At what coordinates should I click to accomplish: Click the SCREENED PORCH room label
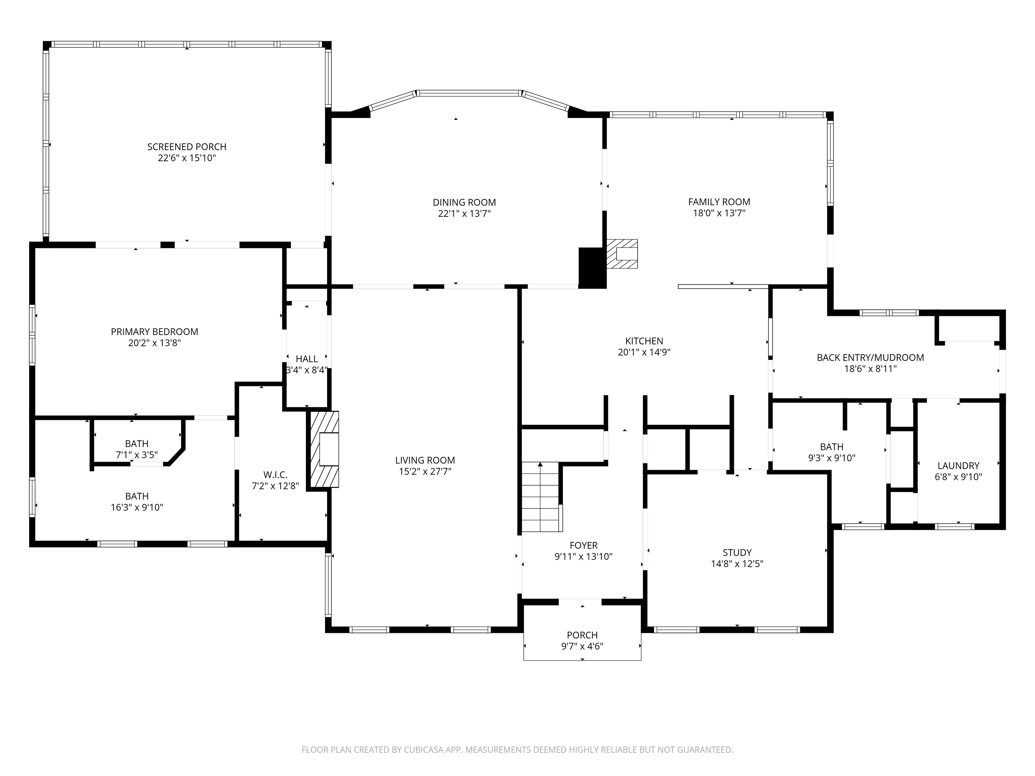187,147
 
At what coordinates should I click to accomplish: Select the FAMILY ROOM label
719,202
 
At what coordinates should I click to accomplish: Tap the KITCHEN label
644,341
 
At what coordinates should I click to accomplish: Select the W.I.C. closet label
275,475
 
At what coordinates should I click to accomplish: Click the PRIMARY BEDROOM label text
154,332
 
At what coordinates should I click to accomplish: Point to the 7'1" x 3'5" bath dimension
137,455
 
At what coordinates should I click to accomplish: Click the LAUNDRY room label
958,465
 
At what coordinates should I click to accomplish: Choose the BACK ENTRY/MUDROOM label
870,358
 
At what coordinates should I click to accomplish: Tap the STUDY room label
737,552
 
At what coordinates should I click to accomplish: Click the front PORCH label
582,635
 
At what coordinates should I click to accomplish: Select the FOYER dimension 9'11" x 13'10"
583,557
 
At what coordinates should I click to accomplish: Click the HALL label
307,359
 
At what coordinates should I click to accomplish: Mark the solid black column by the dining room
592,267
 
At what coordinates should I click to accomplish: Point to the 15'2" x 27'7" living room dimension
425,472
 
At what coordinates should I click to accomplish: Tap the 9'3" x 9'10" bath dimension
832,458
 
